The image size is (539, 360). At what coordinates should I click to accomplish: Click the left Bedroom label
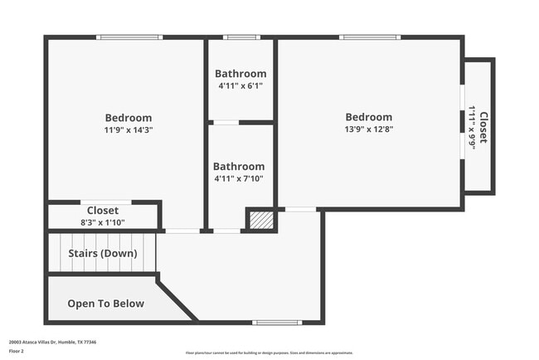coord(128,118)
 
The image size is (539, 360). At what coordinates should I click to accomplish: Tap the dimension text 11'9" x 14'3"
coord(128,130)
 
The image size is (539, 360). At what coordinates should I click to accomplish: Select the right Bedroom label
coord(369,117)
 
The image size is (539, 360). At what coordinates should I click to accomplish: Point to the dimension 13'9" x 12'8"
coord(369,129)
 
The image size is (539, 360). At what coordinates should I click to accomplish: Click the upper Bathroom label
coord(240,74)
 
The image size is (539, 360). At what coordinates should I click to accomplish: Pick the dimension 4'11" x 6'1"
coord(240,86)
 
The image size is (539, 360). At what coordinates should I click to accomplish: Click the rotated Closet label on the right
coord(483,127)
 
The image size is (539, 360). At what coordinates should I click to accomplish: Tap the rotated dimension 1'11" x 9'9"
coord(472,127)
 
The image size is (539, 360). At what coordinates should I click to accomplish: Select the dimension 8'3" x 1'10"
coord(102,223)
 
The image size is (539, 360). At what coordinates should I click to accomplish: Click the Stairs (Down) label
coord(102,254)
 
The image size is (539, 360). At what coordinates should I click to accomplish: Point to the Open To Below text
coord(105,304)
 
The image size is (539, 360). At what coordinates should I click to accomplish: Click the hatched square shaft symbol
coord(261,220)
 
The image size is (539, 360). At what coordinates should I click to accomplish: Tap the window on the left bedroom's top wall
coord(129,37)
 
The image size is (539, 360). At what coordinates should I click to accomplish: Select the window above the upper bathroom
coord(241,37)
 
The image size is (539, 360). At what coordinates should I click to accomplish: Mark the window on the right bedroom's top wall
coord(370,37)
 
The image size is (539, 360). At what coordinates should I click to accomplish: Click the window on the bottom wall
coord(278,322)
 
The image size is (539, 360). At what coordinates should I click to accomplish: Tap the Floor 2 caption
coord(17,351)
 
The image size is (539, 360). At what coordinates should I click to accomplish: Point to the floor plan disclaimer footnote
coord(269,352)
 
